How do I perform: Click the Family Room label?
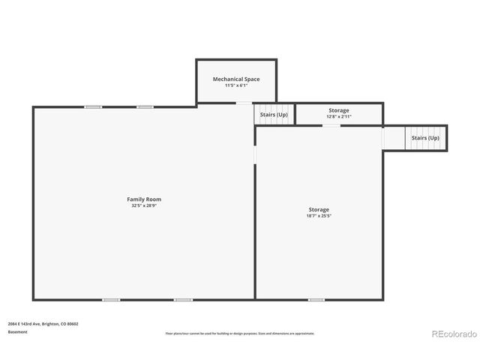pyautogui.click(x=143, y=199)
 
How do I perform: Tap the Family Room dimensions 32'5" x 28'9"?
pyautogui.click(x=143, y=205)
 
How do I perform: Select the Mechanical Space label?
pyautogui.click(x=236, y=79)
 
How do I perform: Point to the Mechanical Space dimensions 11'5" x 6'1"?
pyautogui.click(x=236, y=85)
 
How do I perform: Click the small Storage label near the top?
pyautogui.click(x=338, y=110)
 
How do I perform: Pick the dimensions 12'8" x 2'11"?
pyautogui.click(x=338, y=116)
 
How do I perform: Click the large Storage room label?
pyautogui.click(x=319, y=209)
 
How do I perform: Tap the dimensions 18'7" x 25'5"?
pyautogui.click(x=319, y=216)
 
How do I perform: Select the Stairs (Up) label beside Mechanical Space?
pyautogui.click(x=274, y=115)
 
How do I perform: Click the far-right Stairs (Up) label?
pyautogui.click(x=425, y=138)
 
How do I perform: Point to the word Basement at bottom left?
pyautogui.click(x=18, y=331)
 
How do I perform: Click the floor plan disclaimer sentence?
pyautogui.click(x=240, y=333)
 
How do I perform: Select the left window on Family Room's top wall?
pyautogui.click(x=93, y=107)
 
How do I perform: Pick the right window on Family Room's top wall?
pyautogui.click(x=145, y=107)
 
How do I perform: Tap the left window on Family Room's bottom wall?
pyautogui.click(x=110, y=300)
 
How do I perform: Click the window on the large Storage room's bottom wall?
pyautogui.click(x=316, y=300)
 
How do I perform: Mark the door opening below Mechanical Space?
pyautogui.click(x=244, y=103)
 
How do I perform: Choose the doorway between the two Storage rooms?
pyautogui.click(x=331, y=125)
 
